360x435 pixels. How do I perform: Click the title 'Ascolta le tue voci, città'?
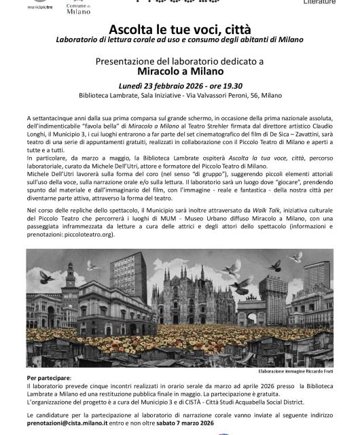(179, 31)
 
